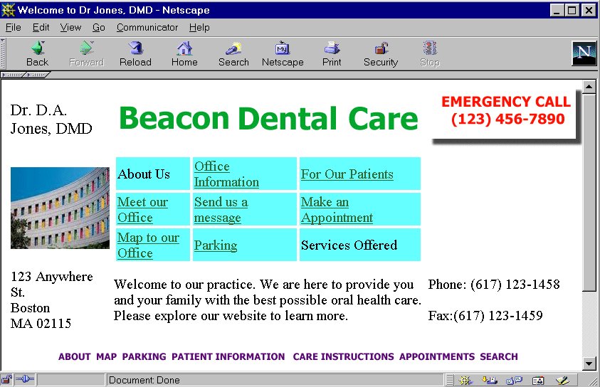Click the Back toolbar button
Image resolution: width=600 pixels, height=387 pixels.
tap(38, 54)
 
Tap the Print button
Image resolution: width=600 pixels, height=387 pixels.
tap(332, 54)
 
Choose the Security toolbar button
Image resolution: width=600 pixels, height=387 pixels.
tap(381, 54)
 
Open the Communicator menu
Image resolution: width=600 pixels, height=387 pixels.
tap(147, 28)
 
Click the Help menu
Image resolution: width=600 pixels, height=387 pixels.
tap(199, 28)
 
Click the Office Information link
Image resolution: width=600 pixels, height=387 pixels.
tap(226, 174)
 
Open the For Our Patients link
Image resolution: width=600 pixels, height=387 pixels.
tap(347, 174)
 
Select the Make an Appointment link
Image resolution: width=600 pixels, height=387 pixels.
tap(337, 210)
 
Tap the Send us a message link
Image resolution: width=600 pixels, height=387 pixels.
tap(221, 210)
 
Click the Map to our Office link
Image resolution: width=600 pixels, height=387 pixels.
tap(148, 245)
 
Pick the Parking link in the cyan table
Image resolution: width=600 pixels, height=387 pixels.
tap(216, 245)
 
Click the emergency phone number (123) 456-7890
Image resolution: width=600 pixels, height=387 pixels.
tap(507, 119)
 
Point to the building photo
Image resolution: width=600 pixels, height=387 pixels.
tap(60, 208)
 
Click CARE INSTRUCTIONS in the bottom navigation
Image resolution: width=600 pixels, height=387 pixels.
tap(343, 356)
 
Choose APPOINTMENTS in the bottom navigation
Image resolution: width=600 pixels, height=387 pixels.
tap(437, 356)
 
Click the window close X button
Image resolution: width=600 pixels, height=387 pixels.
tap(589, 11)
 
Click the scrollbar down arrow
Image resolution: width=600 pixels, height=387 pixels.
tap(589, 364)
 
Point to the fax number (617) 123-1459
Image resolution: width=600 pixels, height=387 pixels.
tap(498, 315)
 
